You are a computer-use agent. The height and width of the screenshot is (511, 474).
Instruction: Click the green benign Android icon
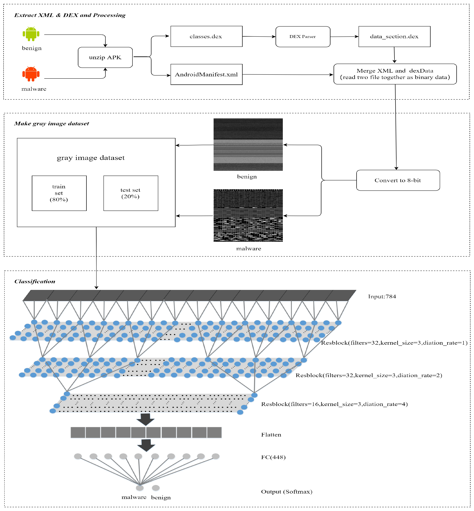(x=31, y=34)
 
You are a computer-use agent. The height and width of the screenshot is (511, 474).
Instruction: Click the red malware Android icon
(x=31, y=74)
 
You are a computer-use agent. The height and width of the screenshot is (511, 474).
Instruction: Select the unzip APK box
(x=105, y=57)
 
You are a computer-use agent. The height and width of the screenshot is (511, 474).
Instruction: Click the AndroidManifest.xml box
(x=207, y=74)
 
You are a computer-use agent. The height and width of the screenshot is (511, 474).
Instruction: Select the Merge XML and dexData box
(x=395, y=74)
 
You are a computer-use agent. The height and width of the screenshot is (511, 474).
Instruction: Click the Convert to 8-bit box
(x=398, y=180)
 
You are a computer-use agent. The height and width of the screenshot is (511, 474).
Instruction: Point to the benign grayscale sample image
(x=248, y=144)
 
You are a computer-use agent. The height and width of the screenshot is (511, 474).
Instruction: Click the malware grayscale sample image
(x=248, y=215)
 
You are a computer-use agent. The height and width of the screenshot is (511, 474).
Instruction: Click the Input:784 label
(x=382, y=296)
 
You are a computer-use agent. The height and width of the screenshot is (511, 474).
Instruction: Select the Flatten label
(x=271, y=434)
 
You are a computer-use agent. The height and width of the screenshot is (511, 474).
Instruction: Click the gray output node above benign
(x=156, y=488)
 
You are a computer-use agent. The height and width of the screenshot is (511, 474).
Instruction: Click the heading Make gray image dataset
(x=52, y=124)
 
